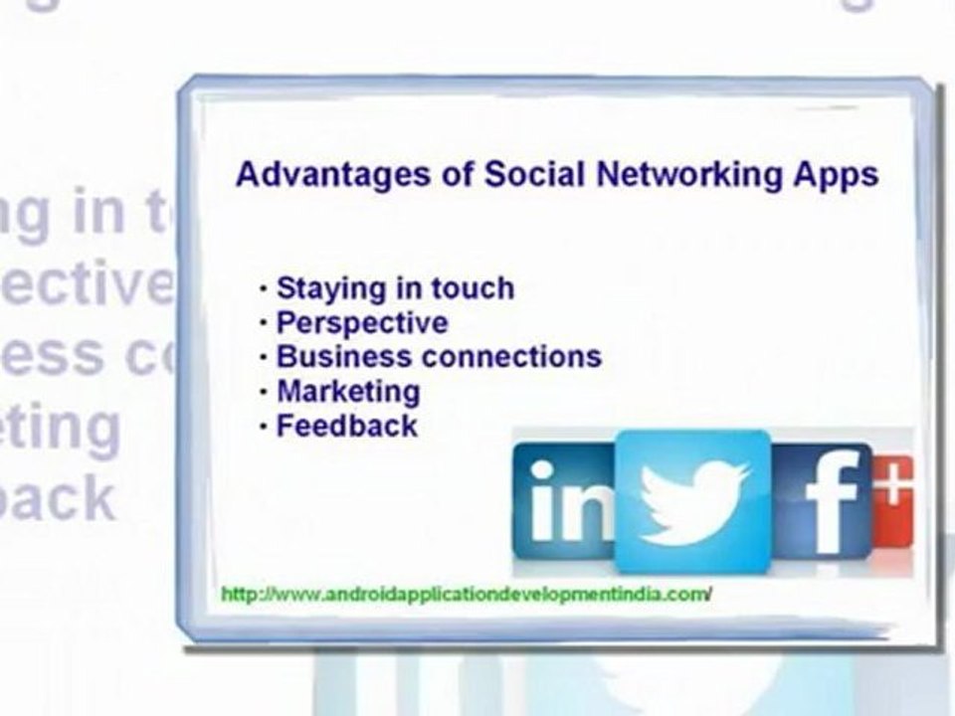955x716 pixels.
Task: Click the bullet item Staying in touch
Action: [395, 288]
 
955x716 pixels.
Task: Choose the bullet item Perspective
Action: [362, 322]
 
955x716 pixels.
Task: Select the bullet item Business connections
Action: [439, 356]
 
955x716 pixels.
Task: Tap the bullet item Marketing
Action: [348, 391]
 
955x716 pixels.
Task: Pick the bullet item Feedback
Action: [346, 426]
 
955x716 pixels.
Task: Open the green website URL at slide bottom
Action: [466, 594]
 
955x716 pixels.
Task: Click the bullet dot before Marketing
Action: [263, 391]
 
